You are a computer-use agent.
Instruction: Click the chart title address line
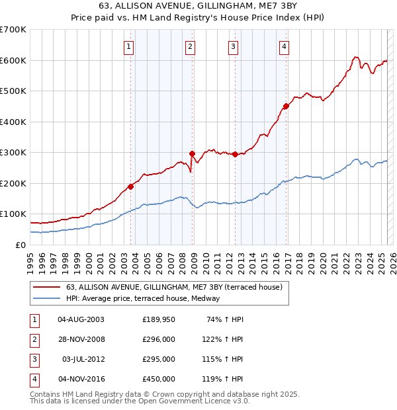pos(198,7)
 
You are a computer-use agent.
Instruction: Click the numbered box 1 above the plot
pos(128,46)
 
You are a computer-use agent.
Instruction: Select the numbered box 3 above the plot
pos(234,46)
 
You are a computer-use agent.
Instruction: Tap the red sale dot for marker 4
pos(286,106)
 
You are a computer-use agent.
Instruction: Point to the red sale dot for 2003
pos(131,186)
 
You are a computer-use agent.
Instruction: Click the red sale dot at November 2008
pos(192,153)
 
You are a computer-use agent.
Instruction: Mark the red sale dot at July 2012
pos(235,154)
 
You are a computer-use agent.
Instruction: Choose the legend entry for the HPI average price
pos(143,298)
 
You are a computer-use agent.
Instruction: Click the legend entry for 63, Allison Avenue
pos(174,287)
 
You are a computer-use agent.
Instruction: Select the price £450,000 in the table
pos(159,379)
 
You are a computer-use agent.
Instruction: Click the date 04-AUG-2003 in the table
pos(81,319)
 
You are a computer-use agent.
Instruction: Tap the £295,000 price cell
pos(159,359)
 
